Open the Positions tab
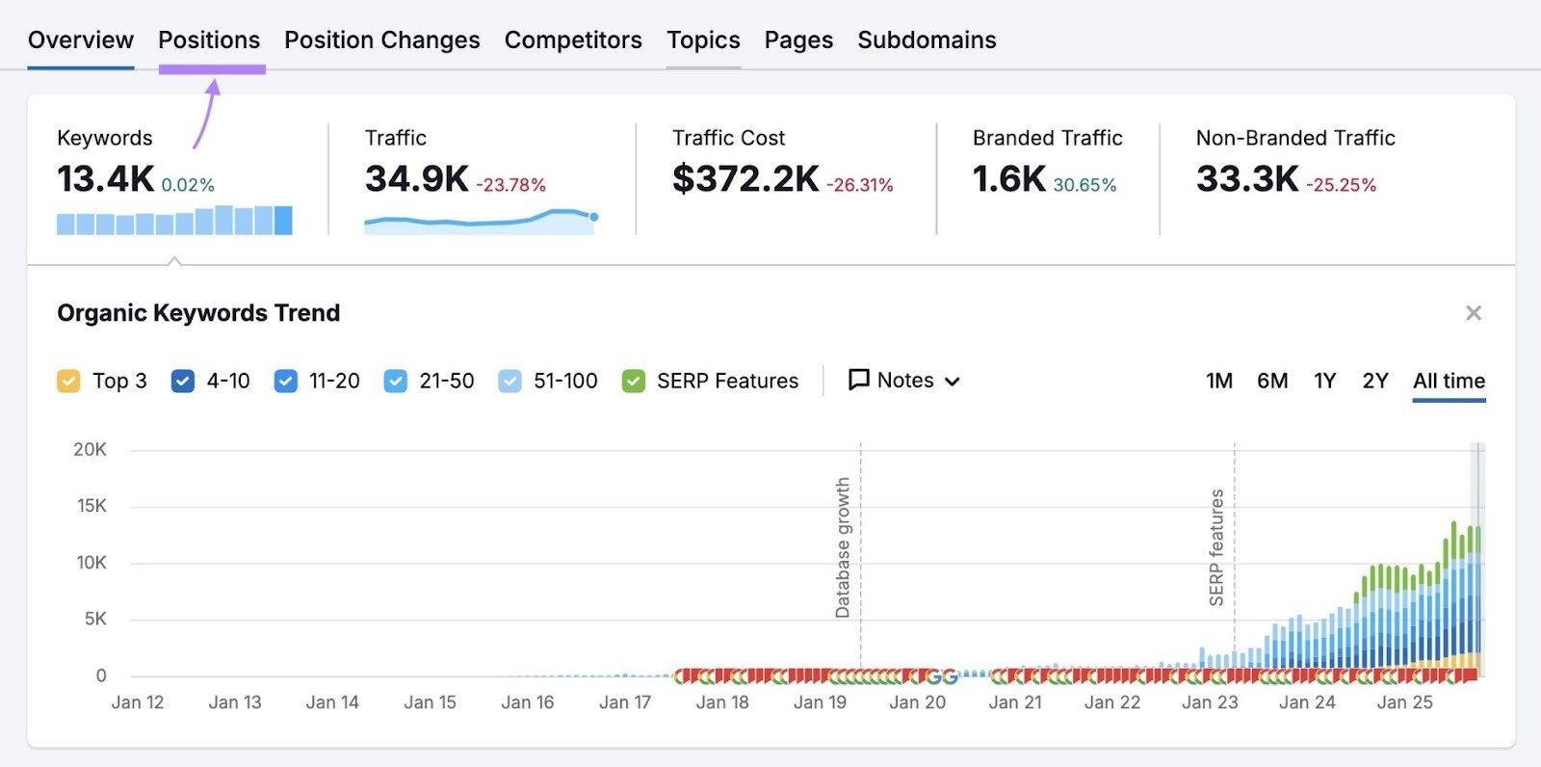click(x=209, y=40)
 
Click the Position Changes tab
click(x=381, y=40)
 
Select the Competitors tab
click(x=573, y=40)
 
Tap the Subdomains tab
click(x=927, y=40)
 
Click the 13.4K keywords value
click(x=105, y=179)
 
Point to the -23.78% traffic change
click(x=510, y=185)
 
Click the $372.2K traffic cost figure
click(x=745, y=179)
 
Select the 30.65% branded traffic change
click(x=1084, y=185)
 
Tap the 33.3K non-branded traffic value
click(x=1247, y=179)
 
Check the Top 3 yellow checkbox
click(x=68, y=382)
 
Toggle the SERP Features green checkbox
click(x=634, y=382)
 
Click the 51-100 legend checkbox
click(x=510, y=382)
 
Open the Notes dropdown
click(x=904, y=381)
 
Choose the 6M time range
click(x=1272, y=381)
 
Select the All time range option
click(x=1449, y=381)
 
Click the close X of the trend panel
click(x=1474, y=313)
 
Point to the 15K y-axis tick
click(x=91, y=506)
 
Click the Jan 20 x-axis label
click(x=917, y=702)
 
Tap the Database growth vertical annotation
click(x=844, y=547)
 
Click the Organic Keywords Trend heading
click(x=198, y=313)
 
